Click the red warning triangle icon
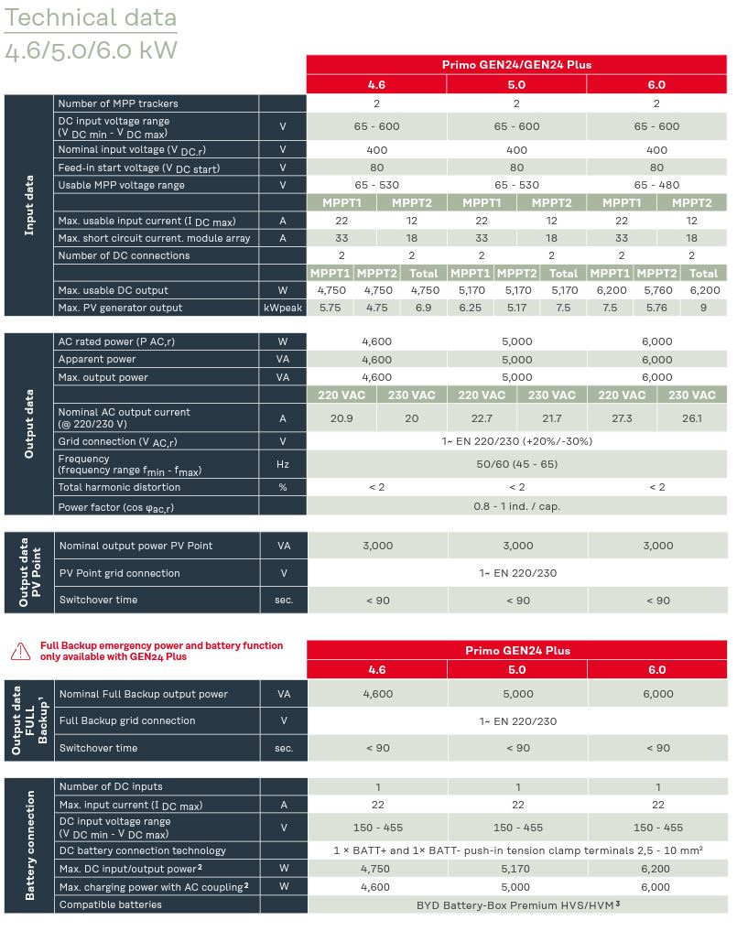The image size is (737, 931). pos(20,651)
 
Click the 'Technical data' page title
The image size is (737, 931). pos(91,17)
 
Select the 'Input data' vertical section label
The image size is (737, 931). pos(29,205)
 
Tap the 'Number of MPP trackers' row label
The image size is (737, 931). pos(118,103)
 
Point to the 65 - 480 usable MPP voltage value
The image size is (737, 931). pos(656,185)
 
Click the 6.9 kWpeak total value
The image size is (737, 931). pos(423,308)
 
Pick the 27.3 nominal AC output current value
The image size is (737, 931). pos(622,417)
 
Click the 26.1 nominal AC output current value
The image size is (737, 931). pos(691,417)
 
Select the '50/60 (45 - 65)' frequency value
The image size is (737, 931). pos(517,464)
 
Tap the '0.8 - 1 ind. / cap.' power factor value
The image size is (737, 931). pos(517,506)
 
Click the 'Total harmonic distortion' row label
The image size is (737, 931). pos(121,487)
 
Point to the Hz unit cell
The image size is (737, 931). pos(283,464)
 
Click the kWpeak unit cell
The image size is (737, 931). pos(283,308)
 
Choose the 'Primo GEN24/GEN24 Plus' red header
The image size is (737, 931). pos(517,65)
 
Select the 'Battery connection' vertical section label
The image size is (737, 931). pos(29,845)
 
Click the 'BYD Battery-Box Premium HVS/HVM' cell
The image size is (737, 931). pos(517,904)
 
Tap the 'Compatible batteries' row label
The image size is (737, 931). pos(111,904)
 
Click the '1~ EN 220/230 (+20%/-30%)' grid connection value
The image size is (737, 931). pos(517,441)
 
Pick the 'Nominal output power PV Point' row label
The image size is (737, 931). pos(135,546)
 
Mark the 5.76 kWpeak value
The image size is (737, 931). pos(656,308)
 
